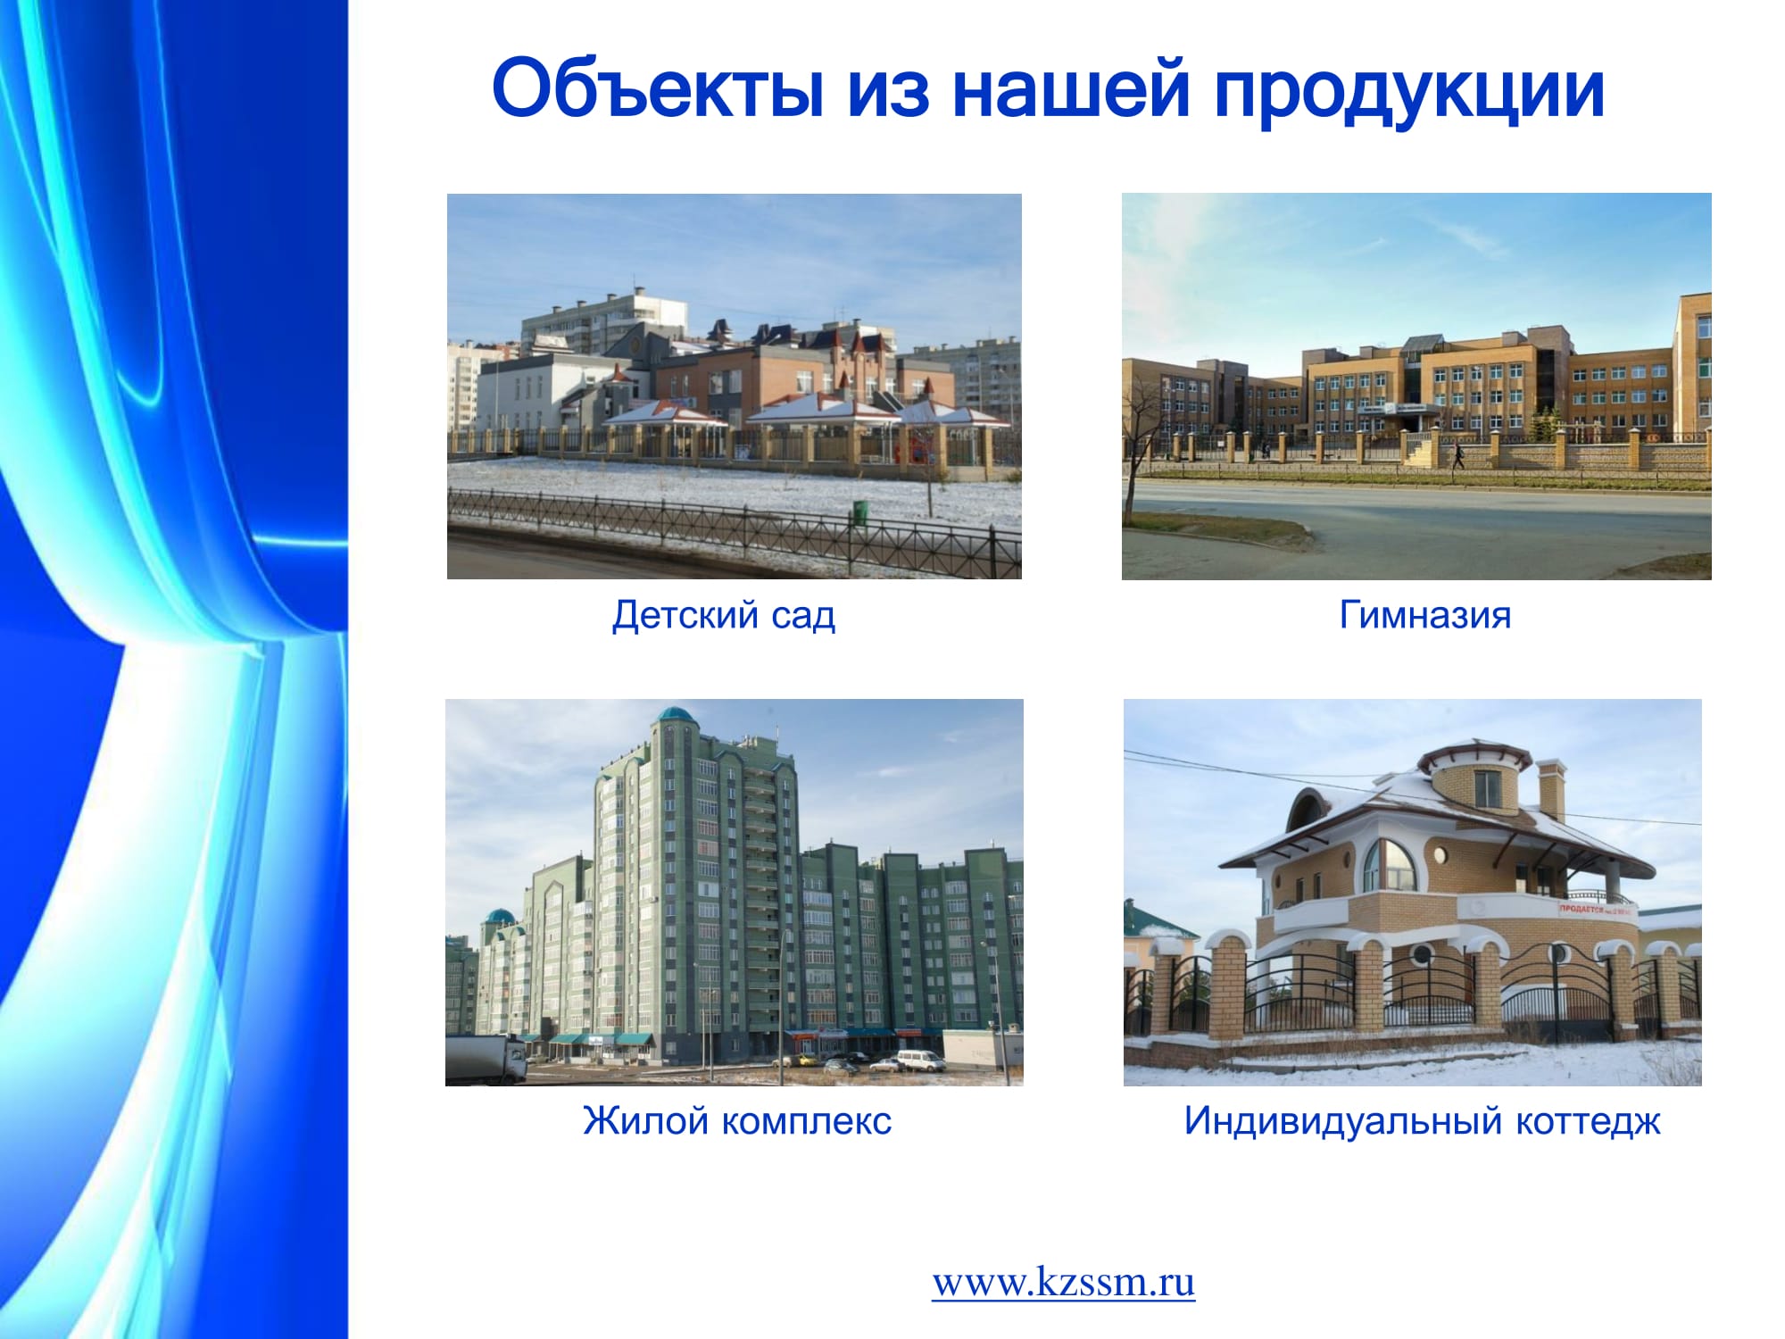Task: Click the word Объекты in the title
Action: pyautogui.click(x=658, y=89)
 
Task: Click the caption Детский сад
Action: pyautogui.click(x=724, y=615)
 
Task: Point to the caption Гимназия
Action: pyautogui.click(x=1425, y=615)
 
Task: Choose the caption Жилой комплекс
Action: pyautogui.click(x=737, y=1120)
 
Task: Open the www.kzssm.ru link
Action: pyautogui.click(x=1064, y=1283)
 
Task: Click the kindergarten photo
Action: pyautogui.click(x=735, y=387)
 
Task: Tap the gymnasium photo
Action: pyautogui.click(x=1416, y=387)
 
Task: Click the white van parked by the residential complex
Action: pyautogui.click(x=920, y=1060)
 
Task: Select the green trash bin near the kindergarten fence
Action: pyautogui.click(x=859, y=511)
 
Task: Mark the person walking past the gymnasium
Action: pyautogui.click(x=1457, y=457)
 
